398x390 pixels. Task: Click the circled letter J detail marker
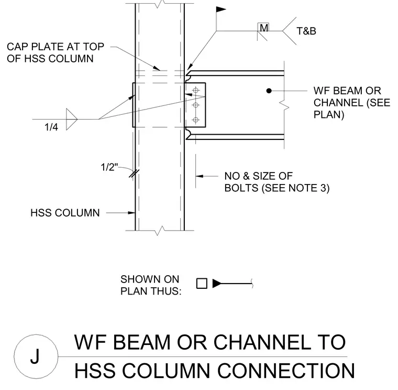tap(36, 356)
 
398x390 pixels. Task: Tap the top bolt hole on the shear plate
tap(196, 90)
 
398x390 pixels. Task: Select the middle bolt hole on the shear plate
tap(196, 105)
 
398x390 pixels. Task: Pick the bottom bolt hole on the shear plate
tap(196, 120)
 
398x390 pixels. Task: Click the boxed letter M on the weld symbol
tap(263, 27)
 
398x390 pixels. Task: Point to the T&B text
tap(306, 31)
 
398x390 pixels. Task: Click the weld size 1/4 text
tap(51, 127)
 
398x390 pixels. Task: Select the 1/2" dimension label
tap(109, 167)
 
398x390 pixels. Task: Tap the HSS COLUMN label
tap(65, 213)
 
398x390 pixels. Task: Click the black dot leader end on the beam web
tap(269, 91)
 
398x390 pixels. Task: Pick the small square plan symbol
tap(202, 284)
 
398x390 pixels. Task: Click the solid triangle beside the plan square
tap(217, 284)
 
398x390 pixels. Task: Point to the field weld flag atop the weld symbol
tap(221, 9)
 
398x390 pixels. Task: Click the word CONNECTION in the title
tap(286, 371)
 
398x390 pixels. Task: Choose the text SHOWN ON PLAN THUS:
tap(151, 285)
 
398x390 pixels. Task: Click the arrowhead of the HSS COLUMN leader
tap(131, 213)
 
